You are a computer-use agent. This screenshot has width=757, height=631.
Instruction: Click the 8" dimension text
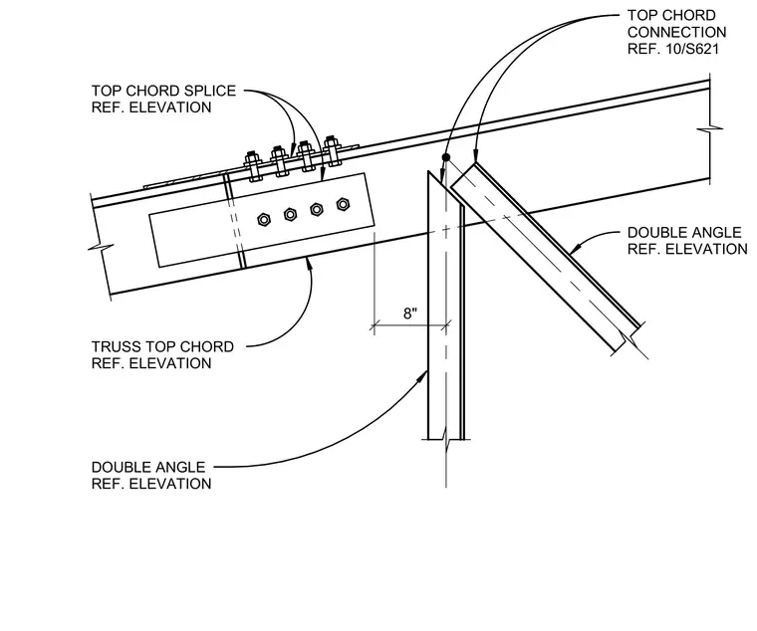410,314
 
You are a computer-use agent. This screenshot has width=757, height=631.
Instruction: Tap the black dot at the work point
446,157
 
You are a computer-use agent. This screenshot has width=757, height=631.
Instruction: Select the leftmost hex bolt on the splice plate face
264,220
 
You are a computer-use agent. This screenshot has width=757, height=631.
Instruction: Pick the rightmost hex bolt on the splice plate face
343,204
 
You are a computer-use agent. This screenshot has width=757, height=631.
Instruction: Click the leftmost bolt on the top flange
254,166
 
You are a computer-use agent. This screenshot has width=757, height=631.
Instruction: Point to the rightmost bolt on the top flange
332,150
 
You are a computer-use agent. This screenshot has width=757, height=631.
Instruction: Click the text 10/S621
692,49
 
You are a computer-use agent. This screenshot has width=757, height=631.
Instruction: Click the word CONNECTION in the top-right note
677,32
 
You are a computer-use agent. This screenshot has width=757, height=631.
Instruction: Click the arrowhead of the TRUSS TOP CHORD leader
309,264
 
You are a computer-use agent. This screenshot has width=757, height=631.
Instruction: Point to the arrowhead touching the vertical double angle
424,375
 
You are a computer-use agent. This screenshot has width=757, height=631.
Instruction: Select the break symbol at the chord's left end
101,248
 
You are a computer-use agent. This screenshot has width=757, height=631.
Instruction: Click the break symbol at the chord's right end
709,128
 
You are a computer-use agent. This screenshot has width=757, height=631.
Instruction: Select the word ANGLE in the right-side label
716,233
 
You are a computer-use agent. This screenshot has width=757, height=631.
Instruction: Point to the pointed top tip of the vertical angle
428,171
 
